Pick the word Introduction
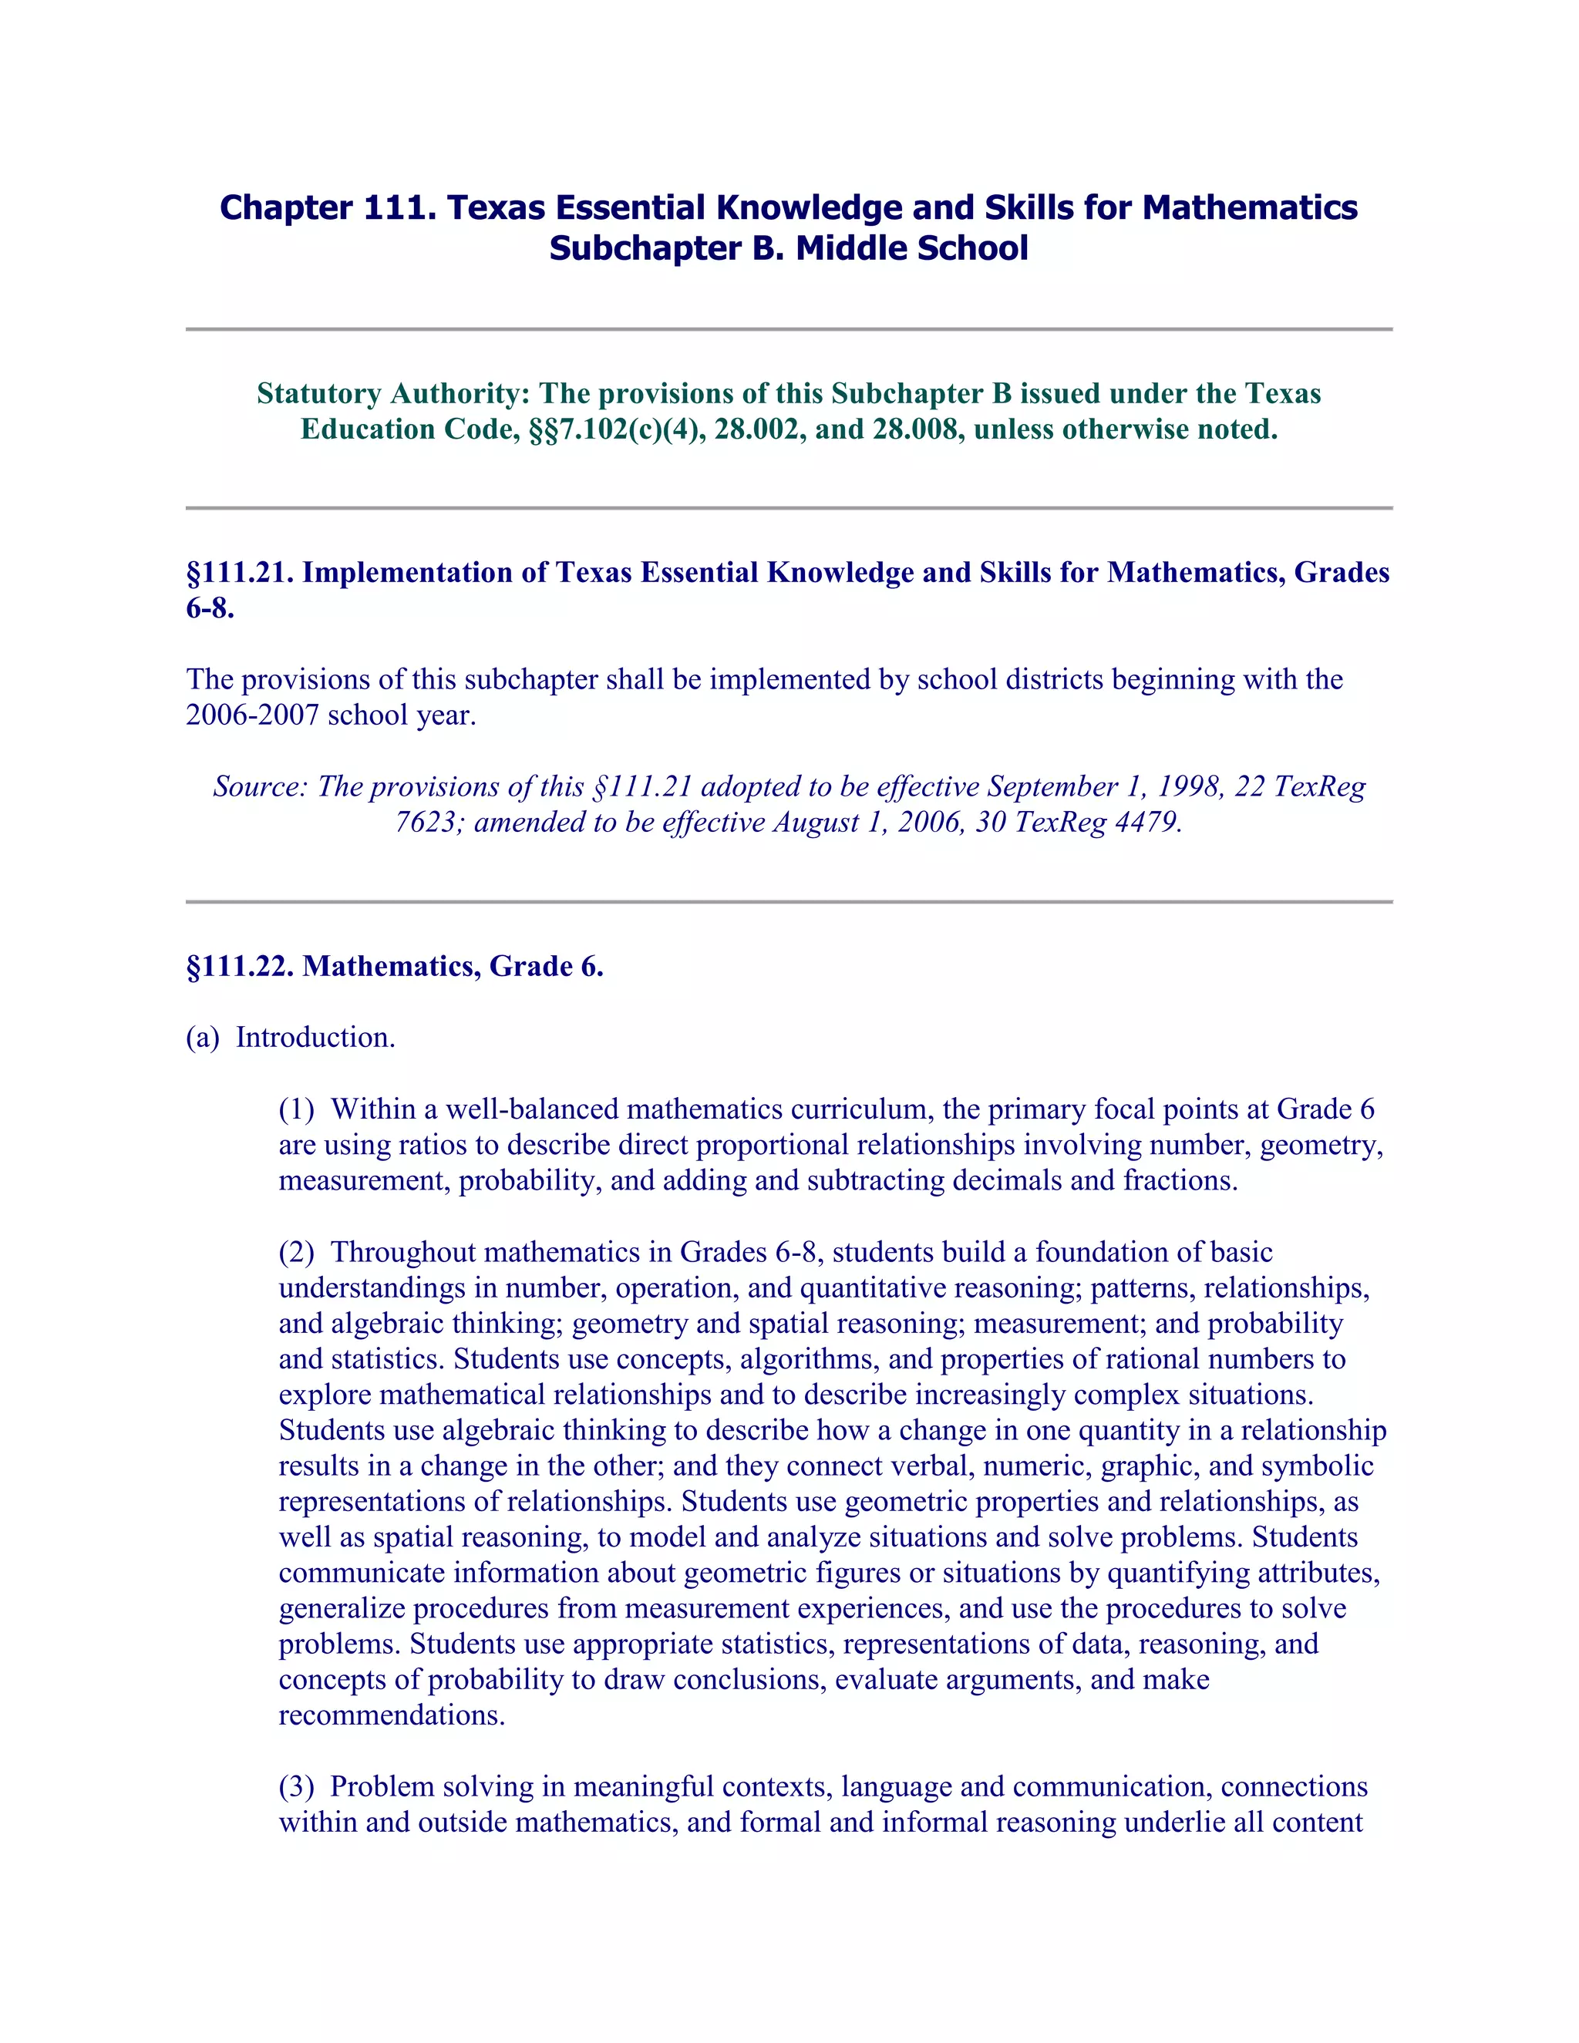click(x=315, y=1038)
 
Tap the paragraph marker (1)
click(x=297, y=1109)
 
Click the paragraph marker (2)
click(x=297, y=1253)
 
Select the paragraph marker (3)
click(x=297, y=1788)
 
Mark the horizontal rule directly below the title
click(x=789, y=329)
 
